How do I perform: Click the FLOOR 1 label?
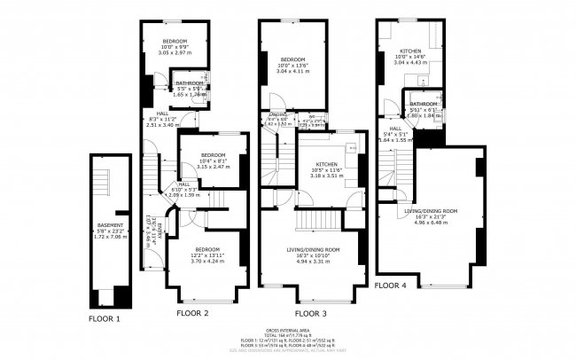(105, 317)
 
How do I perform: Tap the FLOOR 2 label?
(192, 313)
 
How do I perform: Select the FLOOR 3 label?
(309, 313)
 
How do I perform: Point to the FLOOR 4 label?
(391, 286)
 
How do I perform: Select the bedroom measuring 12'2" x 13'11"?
(207, 255)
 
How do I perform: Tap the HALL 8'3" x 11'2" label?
(163, 119)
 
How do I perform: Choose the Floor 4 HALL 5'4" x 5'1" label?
(394, 134)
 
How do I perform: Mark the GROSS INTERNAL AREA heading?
(287, 328)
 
